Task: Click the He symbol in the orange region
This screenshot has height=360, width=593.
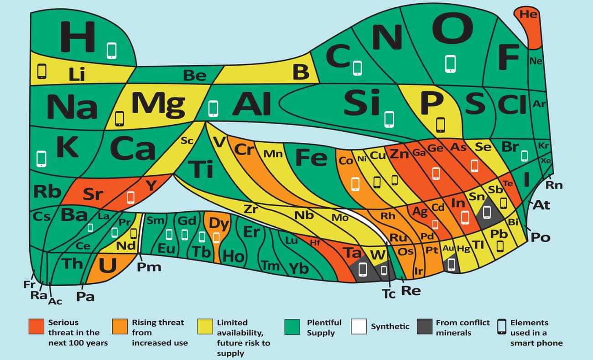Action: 528,14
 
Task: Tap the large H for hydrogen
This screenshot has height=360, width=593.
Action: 78,37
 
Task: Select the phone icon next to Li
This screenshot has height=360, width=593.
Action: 42,71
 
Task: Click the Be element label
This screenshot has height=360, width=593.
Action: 195,75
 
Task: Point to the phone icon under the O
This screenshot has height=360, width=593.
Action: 450,64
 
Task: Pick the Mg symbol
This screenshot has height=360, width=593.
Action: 158,104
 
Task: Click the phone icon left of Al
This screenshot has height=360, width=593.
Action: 213,109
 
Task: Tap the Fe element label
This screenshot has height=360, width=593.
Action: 311,157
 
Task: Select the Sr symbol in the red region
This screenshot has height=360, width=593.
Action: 93,194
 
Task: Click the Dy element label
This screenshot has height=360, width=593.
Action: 218,224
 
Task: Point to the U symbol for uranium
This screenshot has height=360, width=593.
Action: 108,265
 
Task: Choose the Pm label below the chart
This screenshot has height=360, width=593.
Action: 149,267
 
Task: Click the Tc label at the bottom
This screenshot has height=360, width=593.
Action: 389,294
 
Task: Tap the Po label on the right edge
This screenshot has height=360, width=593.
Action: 541,237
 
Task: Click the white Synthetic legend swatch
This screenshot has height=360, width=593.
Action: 359,327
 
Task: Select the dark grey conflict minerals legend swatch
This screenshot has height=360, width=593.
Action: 425,327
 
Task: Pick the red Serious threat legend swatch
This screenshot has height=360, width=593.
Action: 36,327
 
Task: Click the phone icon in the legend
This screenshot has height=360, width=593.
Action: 502,327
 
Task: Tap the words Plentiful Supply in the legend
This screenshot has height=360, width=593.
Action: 324,328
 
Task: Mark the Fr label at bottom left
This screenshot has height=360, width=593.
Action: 29,284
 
